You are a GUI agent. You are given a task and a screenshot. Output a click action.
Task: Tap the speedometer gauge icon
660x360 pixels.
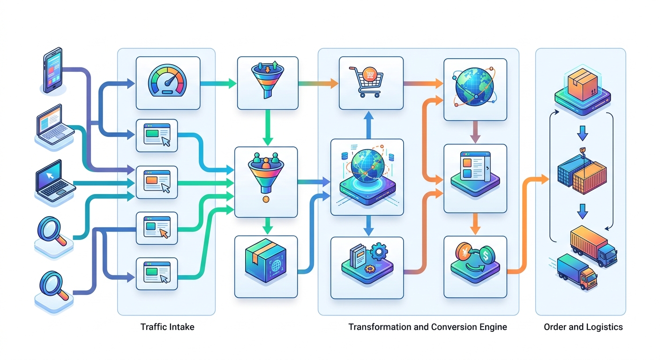[x=167, y=82]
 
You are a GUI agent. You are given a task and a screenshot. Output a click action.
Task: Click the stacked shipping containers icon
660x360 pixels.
[x=583, y=174]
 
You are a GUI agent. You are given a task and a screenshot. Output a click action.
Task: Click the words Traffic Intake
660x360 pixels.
[x=167, y=327]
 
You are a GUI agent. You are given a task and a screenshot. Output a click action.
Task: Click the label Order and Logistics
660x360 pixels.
[x=583, y=327]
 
